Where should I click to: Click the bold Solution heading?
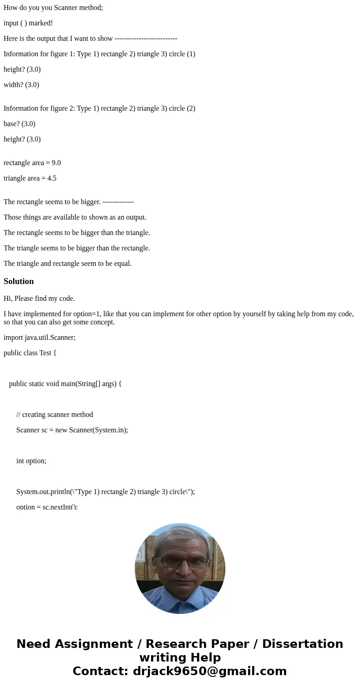[19, 281]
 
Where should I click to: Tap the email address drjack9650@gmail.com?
[209, 671]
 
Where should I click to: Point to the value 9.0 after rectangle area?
[56, 163]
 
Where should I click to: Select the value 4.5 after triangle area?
[52, 178]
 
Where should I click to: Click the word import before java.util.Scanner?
[13, 338]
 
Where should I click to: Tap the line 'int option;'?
[31, 461]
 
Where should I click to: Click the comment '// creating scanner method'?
[54, 415]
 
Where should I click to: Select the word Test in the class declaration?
[45, 353]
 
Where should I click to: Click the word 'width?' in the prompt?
[13, 85]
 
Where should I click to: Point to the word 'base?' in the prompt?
[12, 124]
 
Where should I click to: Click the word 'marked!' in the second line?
[41, 23]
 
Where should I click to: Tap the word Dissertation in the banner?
[302, 644]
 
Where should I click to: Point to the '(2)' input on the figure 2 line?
[191, 108]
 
